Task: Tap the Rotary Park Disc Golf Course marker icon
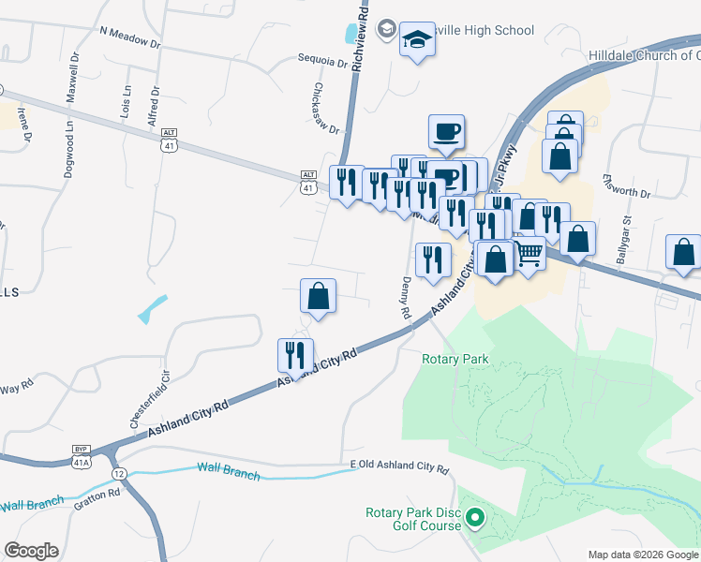[x=475, y=517]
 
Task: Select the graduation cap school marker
[x=417, y=40]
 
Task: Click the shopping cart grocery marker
[x=529, y=251]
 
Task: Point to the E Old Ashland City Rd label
[x=399, y=466]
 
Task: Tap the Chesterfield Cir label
[x=149, y=402]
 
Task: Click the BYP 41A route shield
[x=82, y=455]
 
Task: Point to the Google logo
[x=31, y=551]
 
